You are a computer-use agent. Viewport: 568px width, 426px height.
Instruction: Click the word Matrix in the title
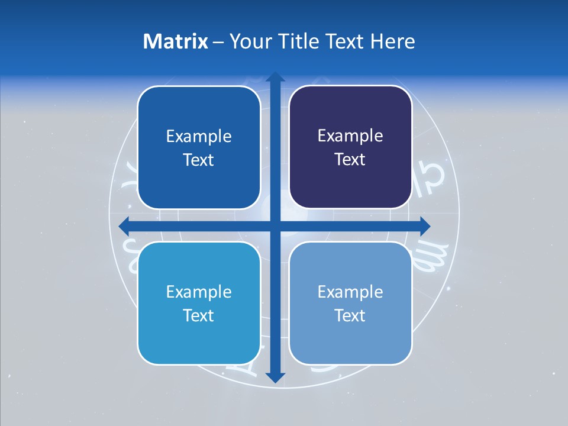click(x=176, y=41)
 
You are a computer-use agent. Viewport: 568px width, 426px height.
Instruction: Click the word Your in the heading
click(x=251, y=41)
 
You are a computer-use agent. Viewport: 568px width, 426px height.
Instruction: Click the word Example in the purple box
click(x=350, y=135)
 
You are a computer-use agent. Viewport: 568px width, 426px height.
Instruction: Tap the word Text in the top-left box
click(x=199, y=160)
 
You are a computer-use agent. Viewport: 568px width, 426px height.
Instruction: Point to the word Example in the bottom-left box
click(x=199, y=292)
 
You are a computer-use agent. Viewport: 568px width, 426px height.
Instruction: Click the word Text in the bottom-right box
click(x=350, y=315)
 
